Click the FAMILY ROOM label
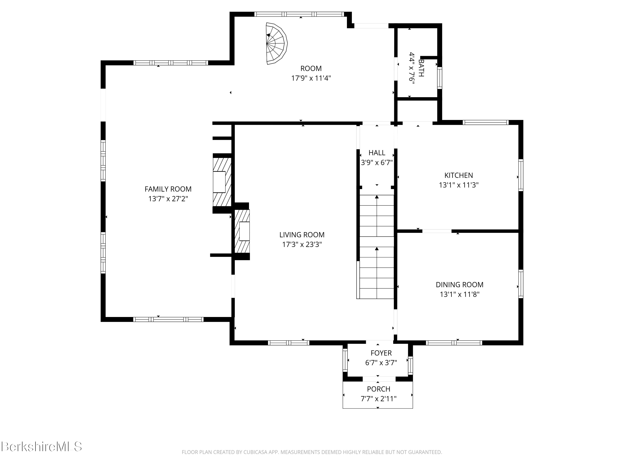tap(168, 189)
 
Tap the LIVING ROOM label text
tap(302, 235)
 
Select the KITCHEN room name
tap(459, 176)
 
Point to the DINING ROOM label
tap(459, 285)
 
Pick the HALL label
tap(377, 153)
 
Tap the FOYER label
tap(381, 353)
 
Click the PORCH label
tap(379, 389)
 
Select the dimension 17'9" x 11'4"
tap(311, 78)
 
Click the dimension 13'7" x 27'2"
tap(168, 199)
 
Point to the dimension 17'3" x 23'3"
tap(302, 245)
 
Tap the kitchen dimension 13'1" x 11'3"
tap(459, 185)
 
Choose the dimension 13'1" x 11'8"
tap(459, 295)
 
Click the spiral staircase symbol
tap(276, 44)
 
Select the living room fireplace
tap(242, 231)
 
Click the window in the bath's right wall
tap(440, 78)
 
